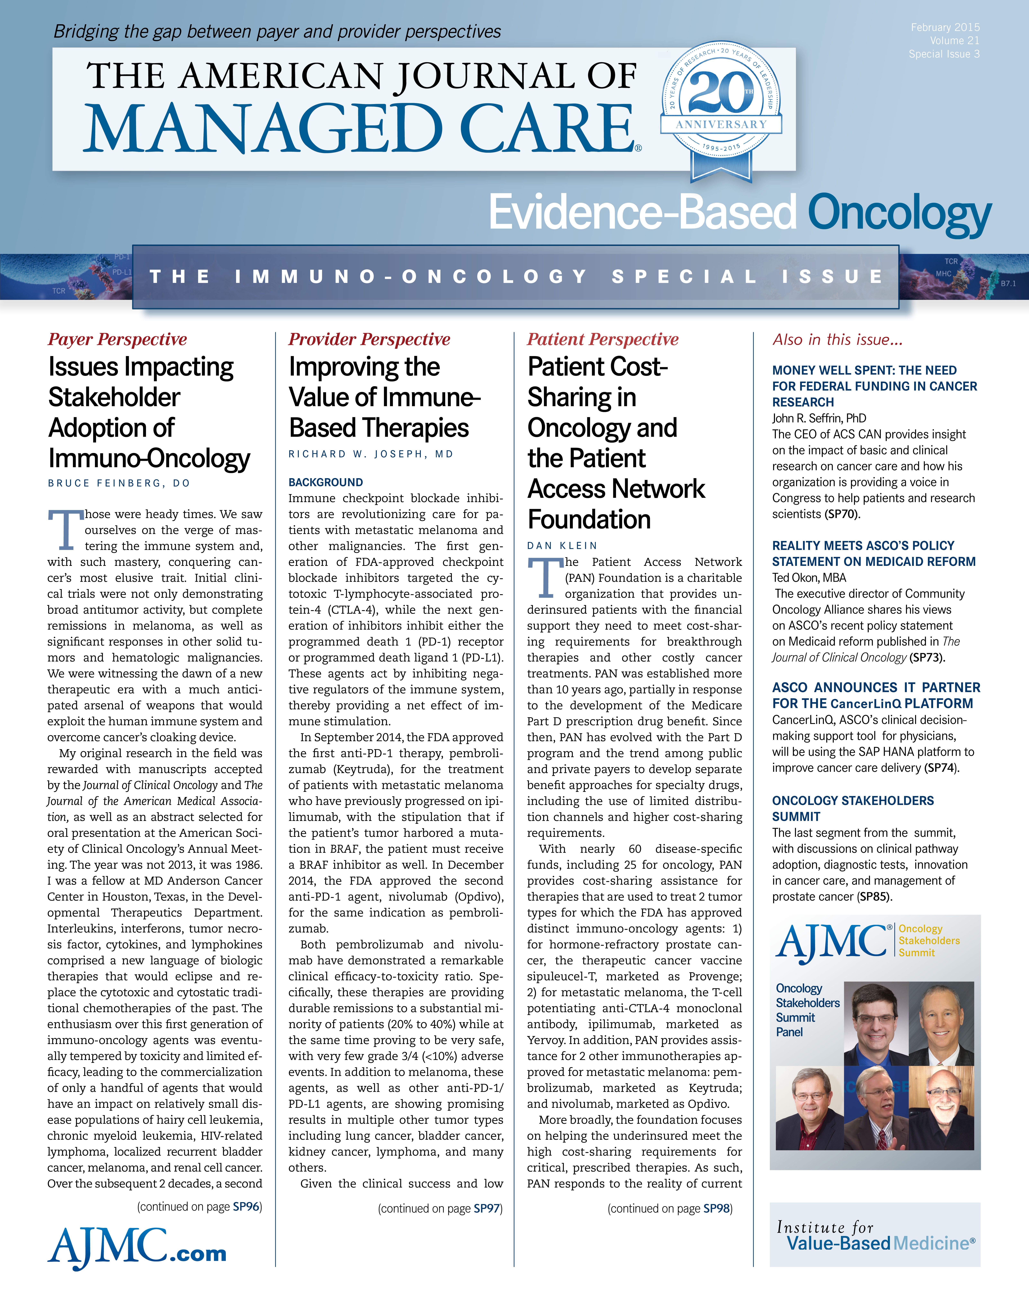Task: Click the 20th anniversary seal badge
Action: pos(721,108)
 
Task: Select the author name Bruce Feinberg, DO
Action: pos(119,483)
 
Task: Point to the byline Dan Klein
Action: pos(562,545)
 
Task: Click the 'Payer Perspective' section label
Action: pos(117,340)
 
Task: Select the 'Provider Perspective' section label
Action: pos(369,340)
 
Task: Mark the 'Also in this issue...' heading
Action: pos(837,340)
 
